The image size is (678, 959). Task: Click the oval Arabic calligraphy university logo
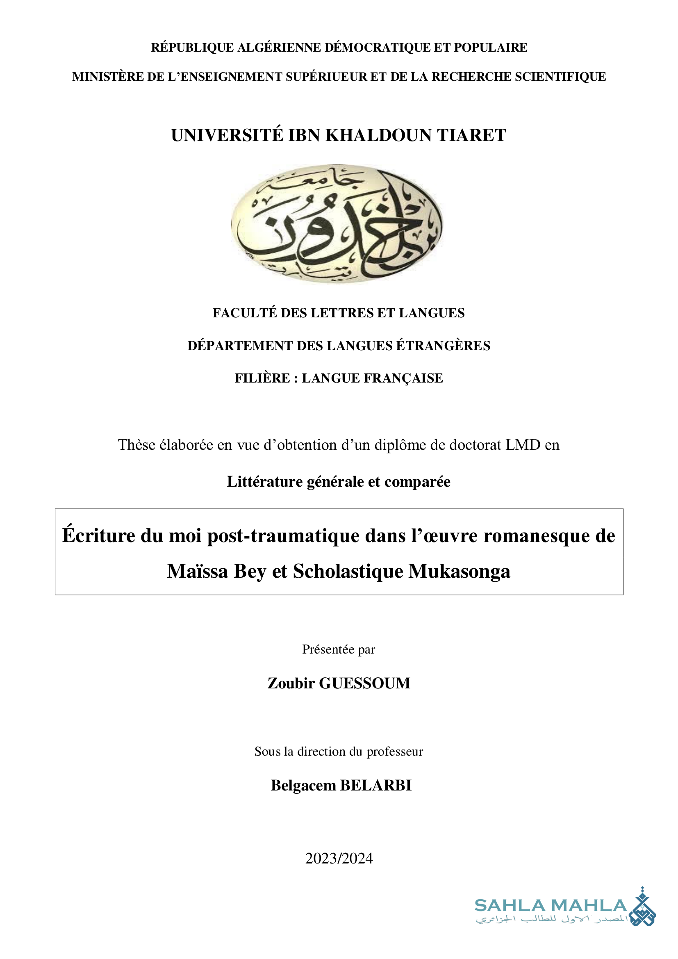337,224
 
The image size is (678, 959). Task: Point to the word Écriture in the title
99,536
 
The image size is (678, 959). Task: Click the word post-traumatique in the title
284,536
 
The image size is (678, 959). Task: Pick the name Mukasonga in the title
459,572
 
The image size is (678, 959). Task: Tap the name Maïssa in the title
198,572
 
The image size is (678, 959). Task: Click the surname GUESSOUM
365,683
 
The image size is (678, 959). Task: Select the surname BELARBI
376,786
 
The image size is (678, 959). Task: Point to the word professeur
395,752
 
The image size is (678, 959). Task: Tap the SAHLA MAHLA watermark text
551,906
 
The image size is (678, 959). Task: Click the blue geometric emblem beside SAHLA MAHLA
642,907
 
